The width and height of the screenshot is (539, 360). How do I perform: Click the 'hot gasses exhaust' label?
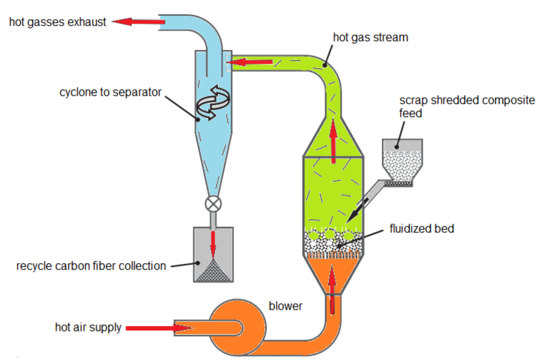click(x=57, y=22)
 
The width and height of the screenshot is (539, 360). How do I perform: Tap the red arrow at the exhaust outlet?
click(x=139, y=22)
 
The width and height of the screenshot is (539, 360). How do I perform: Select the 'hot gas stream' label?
click(x=370, y=37)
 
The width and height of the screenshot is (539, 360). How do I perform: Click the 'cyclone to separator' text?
click(x=110, y=92)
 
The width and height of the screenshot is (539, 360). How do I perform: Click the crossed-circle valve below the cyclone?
click(x=213, y=204)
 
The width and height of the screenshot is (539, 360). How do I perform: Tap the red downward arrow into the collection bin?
click(x=213, y=243)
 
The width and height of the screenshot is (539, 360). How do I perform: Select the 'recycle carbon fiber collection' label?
click(x=91, y=266)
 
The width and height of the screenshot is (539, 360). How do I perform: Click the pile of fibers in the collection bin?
click(x=213, y=273)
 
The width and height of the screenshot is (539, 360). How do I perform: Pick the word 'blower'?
click(x=285, y=306)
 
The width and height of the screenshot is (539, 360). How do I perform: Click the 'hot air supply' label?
click(x=88, y=327)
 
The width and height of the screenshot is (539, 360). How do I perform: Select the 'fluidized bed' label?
click(x=422, y=228)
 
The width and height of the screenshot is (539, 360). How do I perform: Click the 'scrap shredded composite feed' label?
click(x=466, y=106)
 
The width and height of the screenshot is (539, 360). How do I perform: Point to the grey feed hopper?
click(x=402, y=160)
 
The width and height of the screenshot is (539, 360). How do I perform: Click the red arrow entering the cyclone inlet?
click(x=250, y=62)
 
